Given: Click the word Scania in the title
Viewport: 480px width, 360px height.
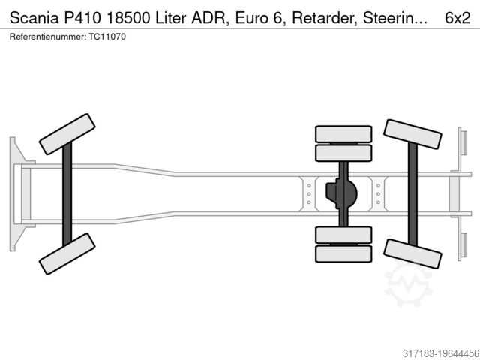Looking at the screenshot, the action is [x=34, y=18].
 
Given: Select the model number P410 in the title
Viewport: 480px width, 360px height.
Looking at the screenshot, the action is [x=82, y=18].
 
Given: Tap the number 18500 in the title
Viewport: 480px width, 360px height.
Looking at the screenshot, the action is [x=128, y=18].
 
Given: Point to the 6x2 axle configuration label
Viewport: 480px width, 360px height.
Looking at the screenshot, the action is [x=457, y=18].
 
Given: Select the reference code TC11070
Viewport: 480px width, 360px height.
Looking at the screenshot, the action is [x=107, y=37].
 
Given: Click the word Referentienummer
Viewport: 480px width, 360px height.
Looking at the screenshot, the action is [x=48, y=37].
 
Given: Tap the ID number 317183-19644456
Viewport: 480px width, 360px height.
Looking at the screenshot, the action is [x=441, y=353].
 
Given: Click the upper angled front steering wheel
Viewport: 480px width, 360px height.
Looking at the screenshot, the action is [x=67, y=134].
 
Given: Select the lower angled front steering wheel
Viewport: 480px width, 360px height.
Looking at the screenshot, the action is [x=67, y=253].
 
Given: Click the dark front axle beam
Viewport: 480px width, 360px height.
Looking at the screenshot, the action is [x=67, y=194].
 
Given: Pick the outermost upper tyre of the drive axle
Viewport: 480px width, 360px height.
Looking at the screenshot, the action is [x=343, y=134].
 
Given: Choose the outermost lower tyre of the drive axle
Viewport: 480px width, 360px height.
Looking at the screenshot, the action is [x=343, y=253].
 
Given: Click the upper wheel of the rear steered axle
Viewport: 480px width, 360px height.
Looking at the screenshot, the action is [x=412, y=134].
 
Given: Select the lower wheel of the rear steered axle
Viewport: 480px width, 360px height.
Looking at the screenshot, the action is [x=412, y=253].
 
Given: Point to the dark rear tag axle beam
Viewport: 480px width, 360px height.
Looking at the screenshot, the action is [x=412, y=194].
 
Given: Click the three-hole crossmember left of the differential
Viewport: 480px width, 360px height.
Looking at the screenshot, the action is [x=309, y=194].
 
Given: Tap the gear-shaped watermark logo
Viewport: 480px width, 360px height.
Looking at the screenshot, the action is [x=409, y=284].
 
